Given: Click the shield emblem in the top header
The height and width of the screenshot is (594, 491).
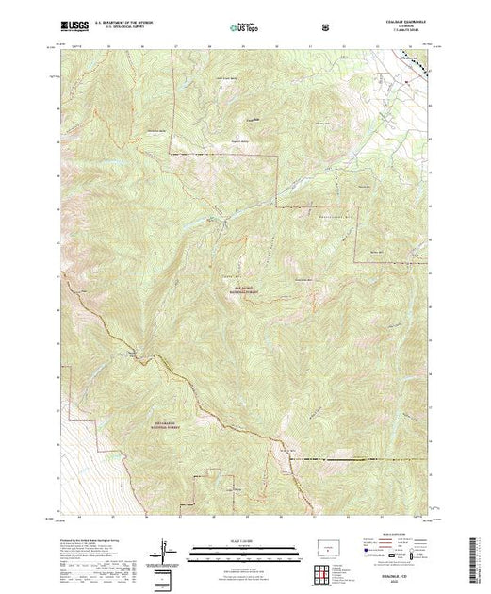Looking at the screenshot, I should [x=326, y=28].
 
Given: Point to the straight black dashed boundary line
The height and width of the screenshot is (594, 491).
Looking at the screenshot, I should [x=358, y=459].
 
